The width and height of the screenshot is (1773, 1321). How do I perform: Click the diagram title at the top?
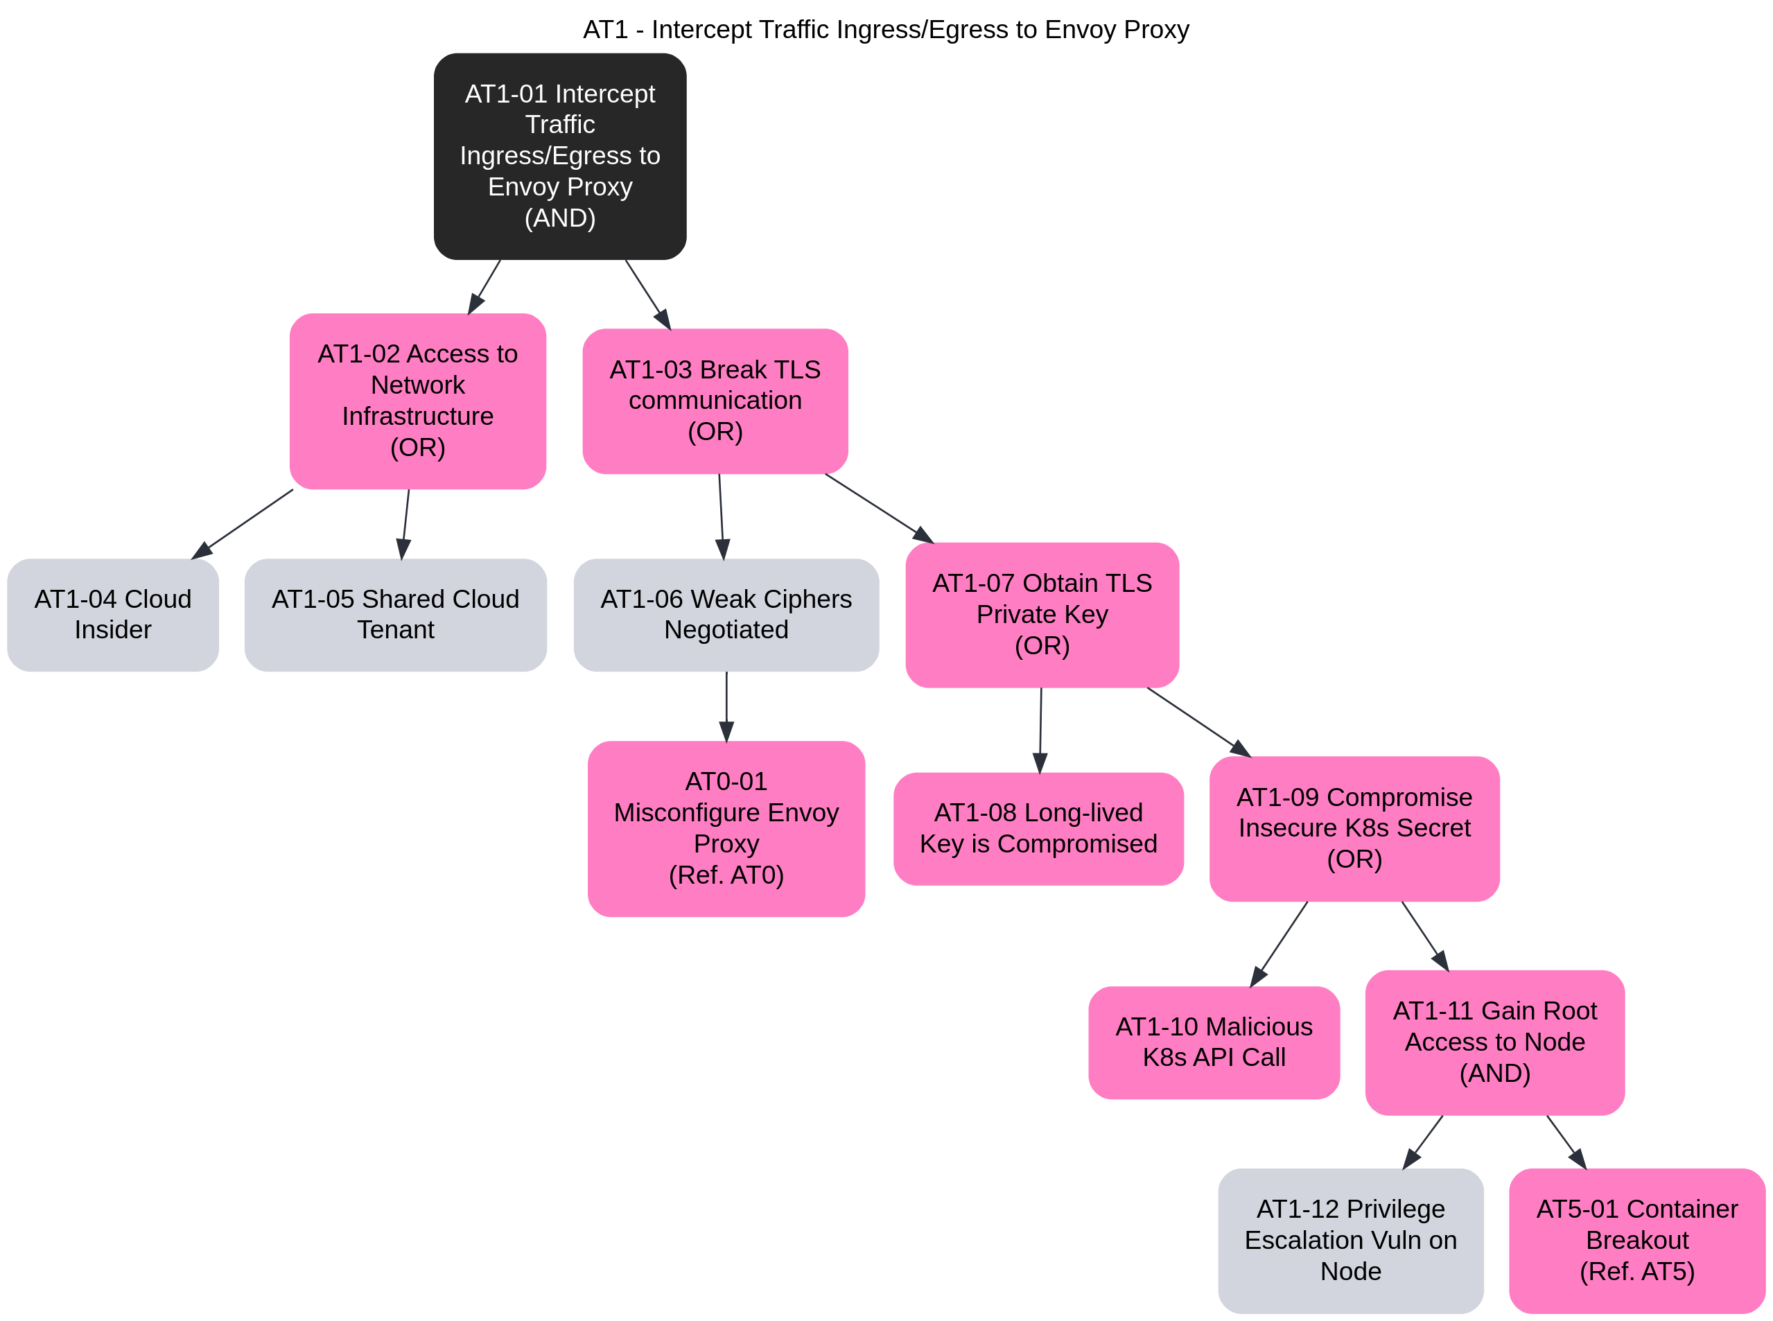(885, 30)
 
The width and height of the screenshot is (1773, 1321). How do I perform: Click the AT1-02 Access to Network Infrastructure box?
(417, 401)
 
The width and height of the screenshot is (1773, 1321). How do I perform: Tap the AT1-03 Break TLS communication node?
(715, 401)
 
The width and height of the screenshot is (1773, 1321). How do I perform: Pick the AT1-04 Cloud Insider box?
(113, 614)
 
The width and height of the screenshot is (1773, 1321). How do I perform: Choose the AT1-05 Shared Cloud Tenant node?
(395, 614)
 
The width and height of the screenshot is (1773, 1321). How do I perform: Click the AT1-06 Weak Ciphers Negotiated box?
(726, 614)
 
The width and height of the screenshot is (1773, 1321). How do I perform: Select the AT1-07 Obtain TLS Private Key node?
(1042, 614)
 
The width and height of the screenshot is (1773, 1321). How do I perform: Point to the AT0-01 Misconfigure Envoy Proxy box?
(726, 828)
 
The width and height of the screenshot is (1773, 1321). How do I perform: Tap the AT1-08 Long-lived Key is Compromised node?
(1038, 828)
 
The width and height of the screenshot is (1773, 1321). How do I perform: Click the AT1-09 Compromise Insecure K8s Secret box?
(1354, 828)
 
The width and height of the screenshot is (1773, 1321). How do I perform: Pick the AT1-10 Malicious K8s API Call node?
(1213, 1042)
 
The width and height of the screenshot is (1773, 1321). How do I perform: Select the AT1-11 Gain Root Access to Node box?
(1494, 1042)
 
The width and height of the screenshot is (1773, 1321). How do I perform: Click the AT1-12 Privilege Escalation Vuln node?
(1350, 1239)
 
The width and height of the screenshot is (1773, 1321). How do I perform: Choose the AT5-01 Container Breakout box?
(1636, 1239)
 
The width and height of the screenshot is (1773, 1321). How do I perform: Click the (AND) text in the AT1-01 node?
(560, 218)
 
